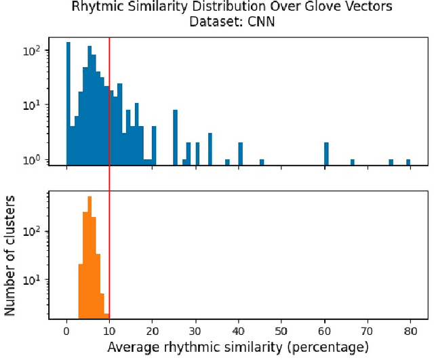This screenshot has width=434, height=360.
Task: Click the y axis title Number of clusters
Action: pos(10,254)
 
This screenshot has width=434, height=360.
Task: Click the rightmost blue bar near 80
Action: pos(408,162)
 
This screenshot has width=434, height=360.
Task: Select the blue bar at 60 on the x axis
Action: pos(326,154)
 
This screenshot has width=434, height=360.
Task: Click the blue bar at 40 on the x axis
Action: pos(241,154)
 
